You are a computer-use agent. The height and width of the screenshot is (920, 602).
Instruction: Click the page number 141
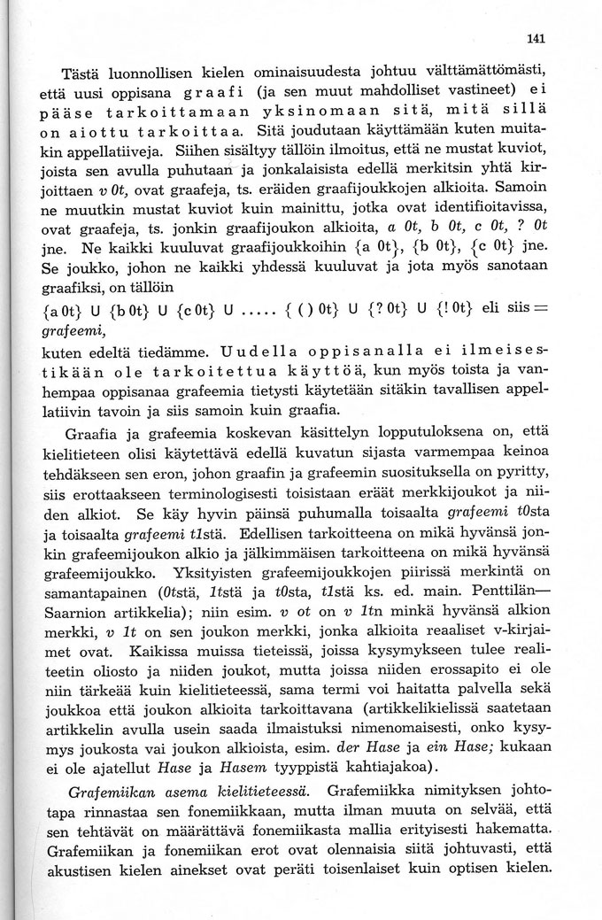[x=533, y=38]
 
